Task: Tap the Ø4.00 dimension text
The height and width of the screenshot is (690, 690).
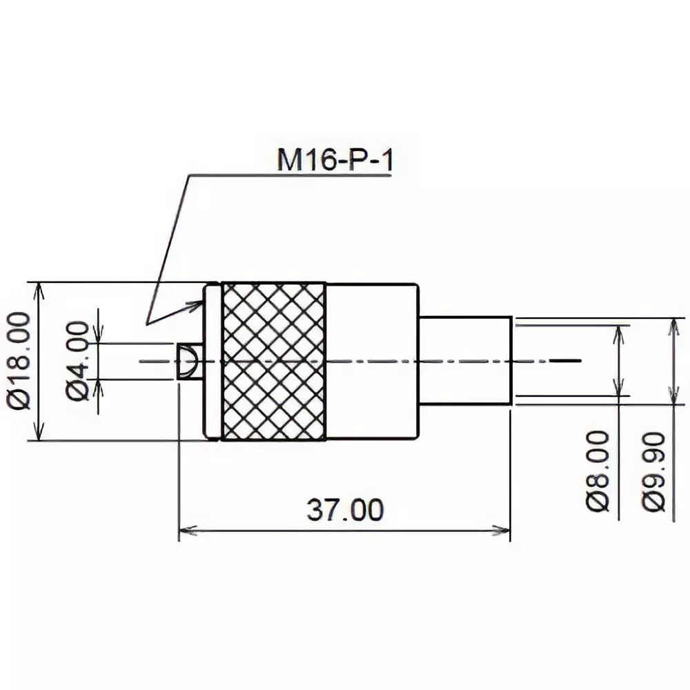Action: pos(78,359)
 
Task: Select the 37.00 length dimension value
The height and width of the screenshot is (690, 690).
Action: pos(344,510)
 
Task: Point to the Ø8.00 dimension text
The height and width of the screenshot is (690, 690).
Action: pos(599,470)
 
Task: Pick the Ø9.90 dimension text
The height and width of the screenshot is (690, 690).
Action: pos(653,471)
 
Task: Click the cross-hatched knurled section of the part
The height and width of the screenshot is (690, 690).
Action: pos(273,361)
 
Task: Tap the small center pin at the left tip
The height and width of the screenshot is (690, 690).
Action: pos(187,361)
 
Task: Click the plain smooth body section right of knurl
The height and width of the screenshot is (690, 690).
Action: pos(373,361)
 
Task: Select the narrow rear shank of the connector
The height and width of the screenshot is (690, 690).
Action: pos(466,361)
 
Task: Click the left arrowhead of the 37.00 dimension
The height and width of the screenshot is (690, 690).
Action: pos(185,531)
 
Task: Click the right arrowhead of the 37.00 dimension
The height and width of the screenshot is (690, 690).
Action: pos(504,531)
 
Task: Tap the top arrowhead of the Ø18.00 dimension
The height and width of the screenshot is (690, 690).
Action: pos(39,288)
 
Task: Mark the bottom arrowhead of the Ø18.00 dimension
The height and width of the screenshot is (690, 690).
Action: pos(39,434)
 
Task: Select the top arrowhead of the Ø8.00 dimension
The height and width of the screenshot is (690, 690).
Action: pos(618,331)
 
